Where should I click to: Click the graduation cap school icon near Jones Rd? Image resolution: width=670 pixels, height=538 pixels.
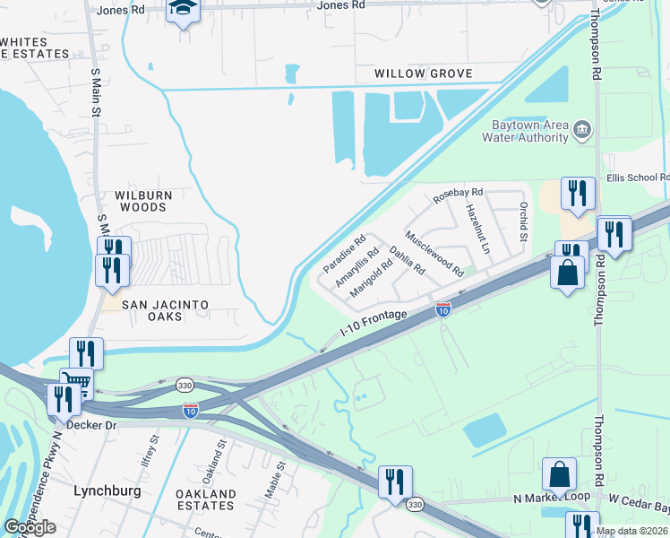point(184,10)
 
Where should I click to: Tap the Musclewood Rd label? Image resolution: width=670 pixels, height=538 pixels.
point(434,254)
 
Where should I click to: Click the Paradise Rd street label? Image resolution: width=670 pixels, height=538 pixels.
point(345,254)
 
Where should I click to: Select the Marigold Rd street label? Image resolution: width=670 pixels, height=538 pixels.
point(372,279)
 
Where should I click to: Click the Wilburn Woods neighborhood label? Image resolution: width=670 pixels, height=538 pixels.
point(141,201)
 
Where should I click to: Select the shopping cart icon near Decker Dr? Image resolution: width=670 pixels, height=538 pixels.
point(76,384)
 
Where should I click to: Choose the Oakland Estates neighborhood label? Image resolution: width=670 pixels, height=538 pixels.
point(206,499)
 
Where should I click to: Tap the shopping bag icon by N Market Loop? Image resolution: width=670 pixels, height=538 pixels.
point(559,474)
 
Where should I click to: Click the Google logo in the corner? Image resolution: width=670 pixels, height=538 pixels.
point(30,527)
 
